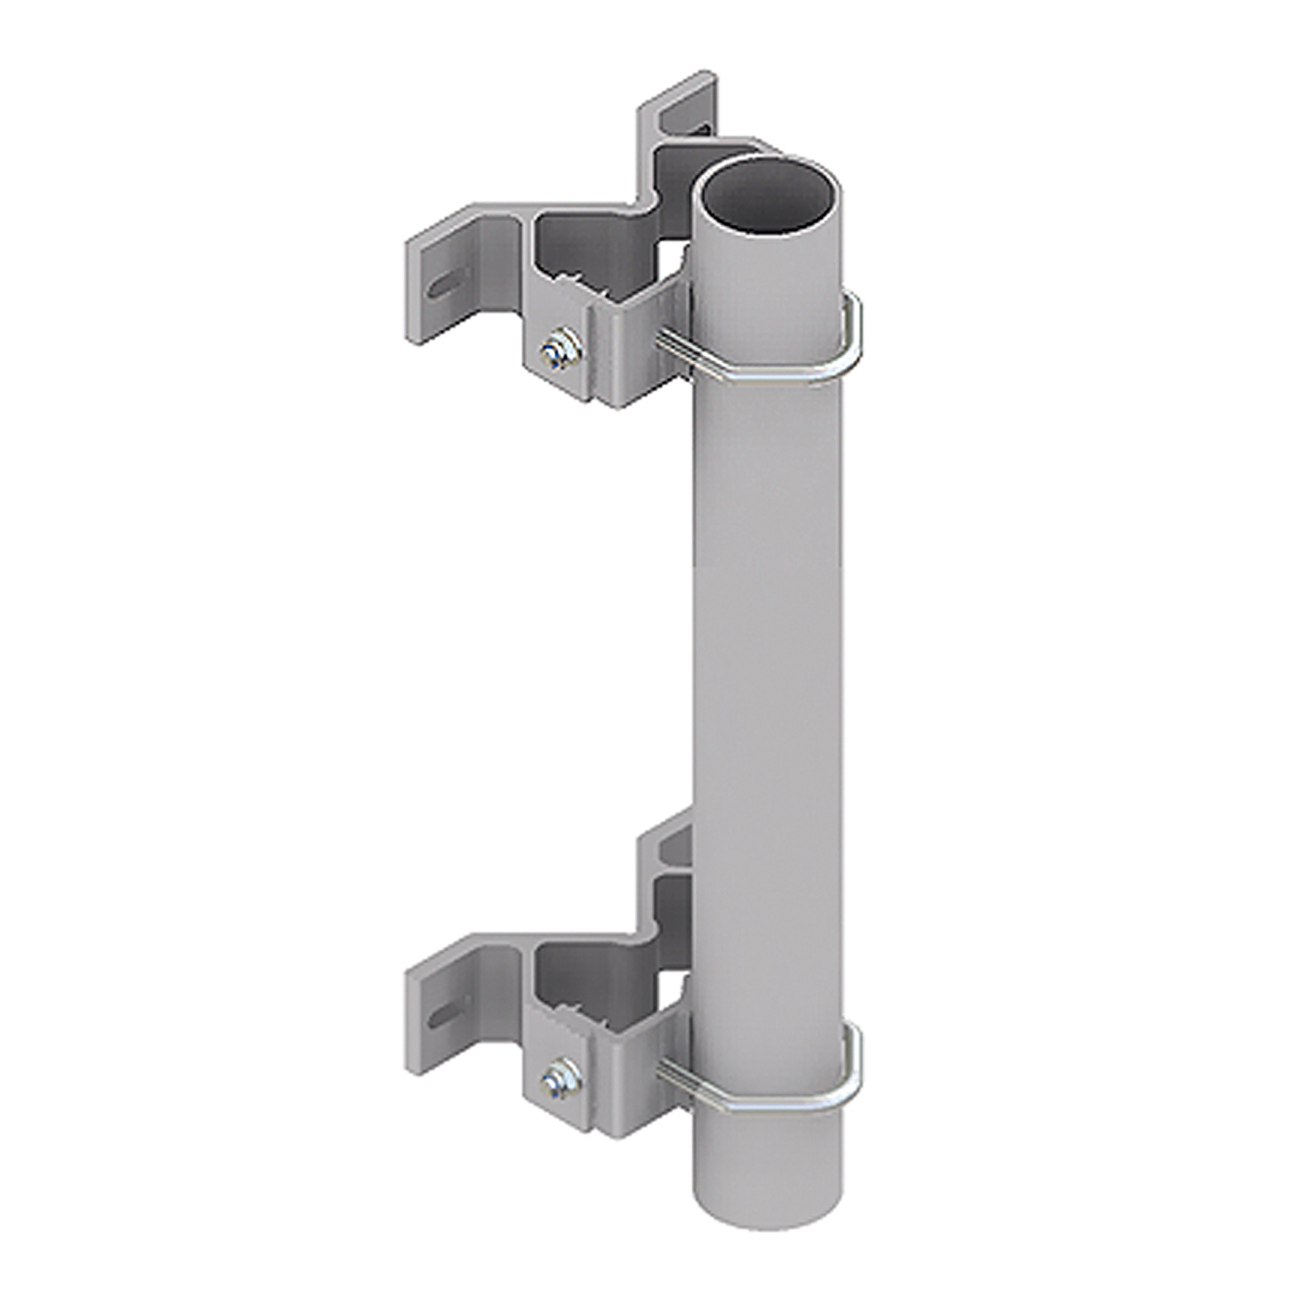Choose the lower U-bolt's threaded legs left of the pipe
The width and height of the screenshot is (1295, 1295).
(673, 1074)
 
